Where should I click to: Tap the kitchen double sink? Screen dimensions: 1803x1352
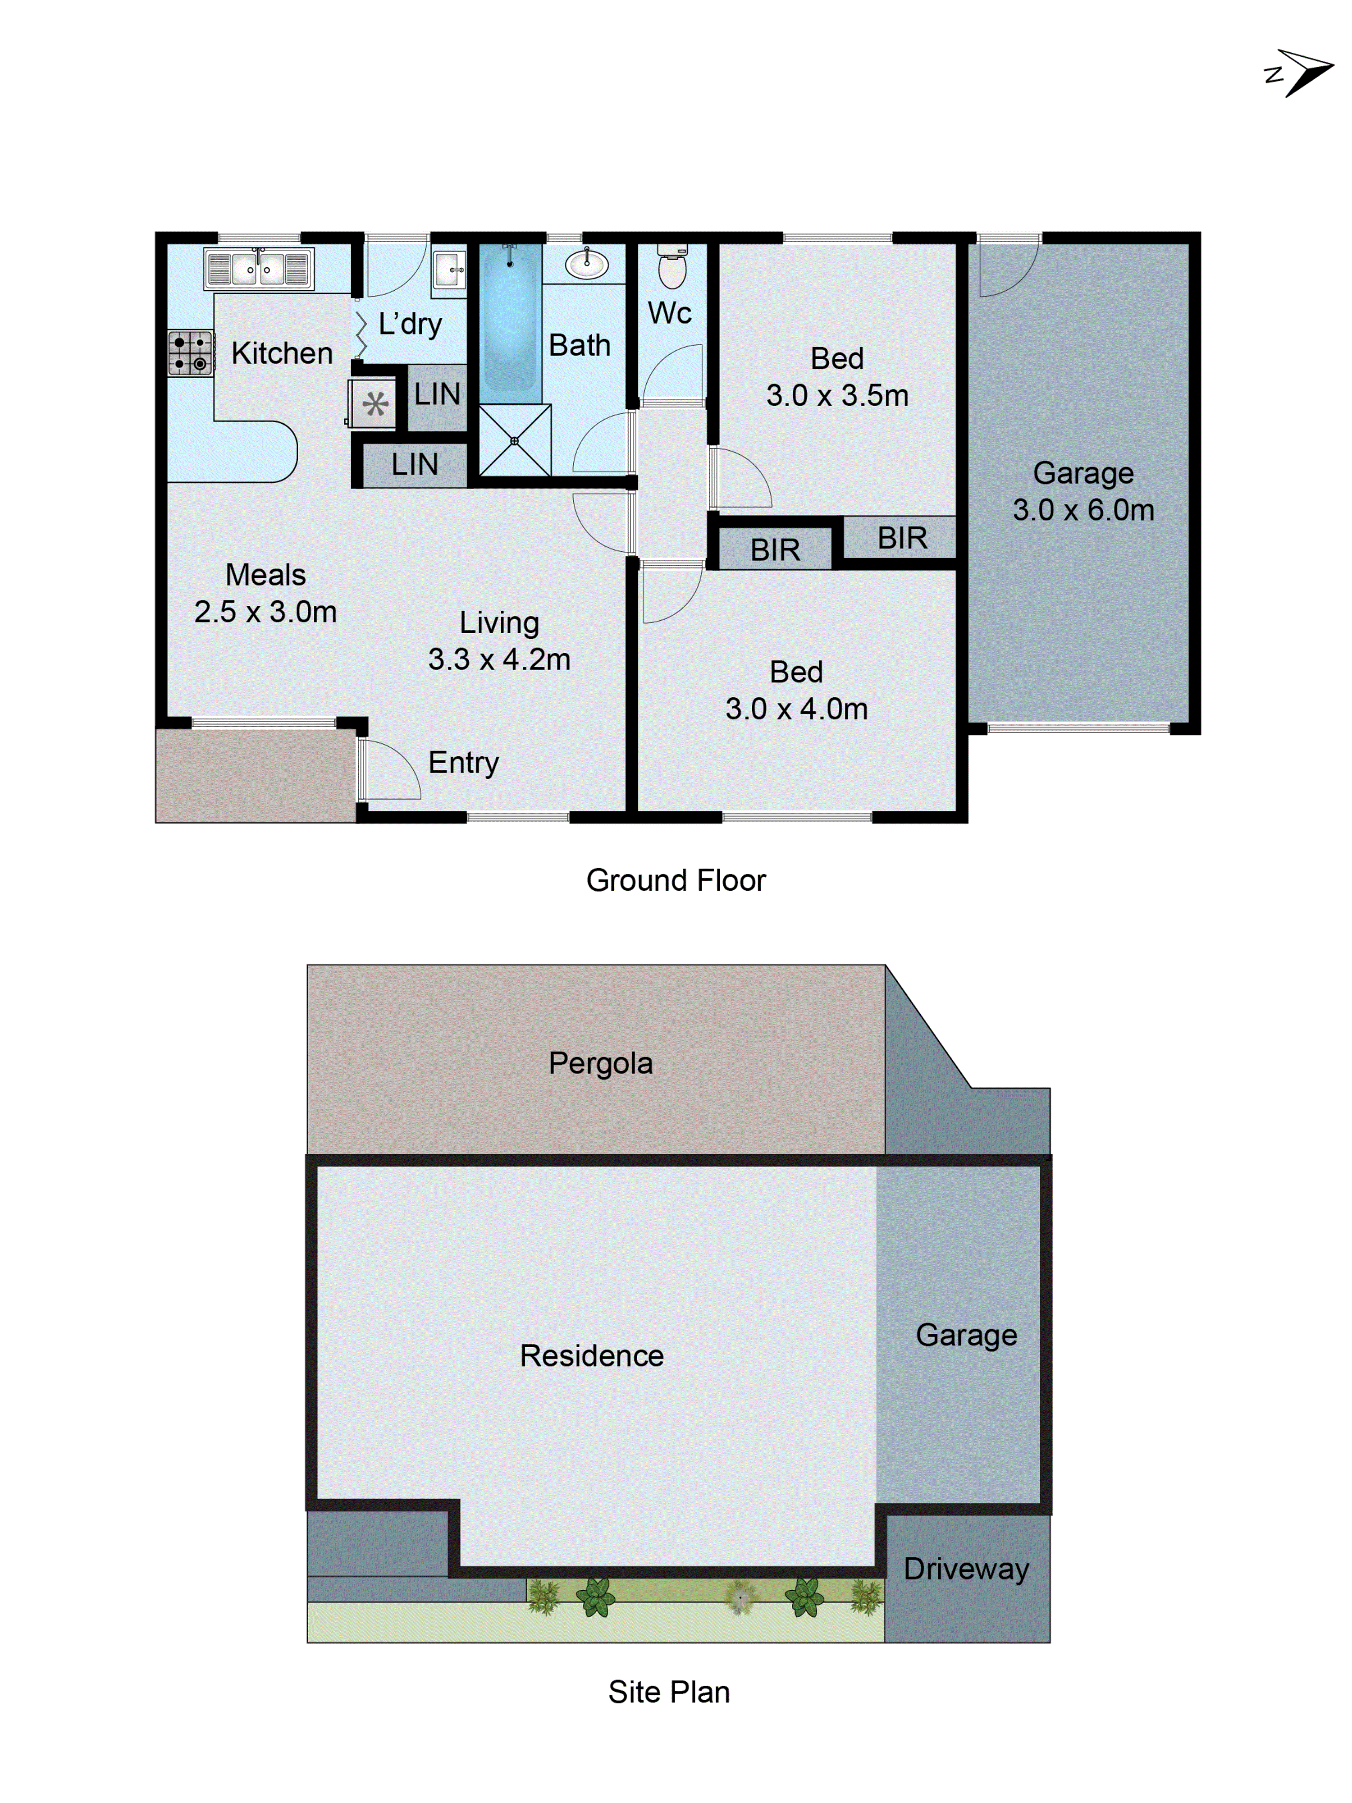[x=258, y=268]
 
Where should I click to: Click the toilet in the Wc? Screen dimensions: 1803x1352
[x=672, y=266]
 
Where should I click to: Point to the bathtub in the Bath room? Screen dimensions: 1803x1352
[x=510, y=320]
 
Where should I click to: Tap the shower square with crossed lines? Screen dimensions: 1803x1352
[x=514, y=440]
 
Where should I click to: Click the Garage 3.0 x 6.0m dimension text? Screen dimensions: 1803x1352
[x=1083, y=510]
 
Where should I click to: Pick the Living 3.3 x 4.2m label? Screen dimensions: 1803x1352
[x=499, y=641]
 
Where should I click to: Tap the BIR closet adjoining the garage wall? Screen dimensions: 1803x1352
[x=901, y=538]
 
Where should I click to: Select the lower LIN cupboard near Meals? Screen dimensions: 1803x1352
[x=414, y=465]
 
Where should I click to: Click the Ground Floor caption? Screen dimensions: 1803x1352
[x=676, y=880]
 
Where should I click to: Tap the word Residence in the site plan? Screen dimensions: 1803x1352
[x=592, y=1355]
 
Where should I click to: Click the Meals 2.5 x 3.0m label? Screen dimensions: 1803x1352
[x=265, y=593]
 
